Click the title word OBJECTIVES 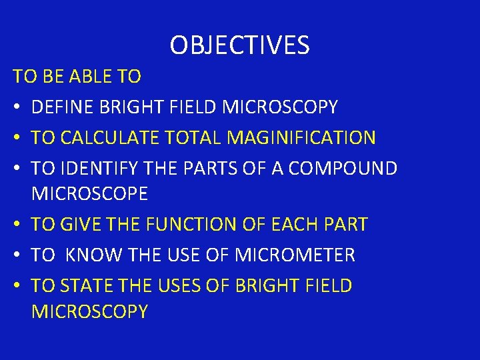[x=239, y=45]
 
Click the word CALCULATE [x=109, y=138]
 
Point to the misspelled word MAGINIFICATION [x=301, y=138]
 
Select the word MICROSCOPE [x=89, y=195]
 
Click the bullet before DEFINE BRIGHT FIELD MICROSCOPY [x=17, y=107]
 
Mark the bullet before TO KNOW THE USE [x=17, y=255]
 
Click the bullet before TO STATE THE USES [x=17, y=286]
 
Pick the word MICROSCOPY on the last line [x=89, y=311]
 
